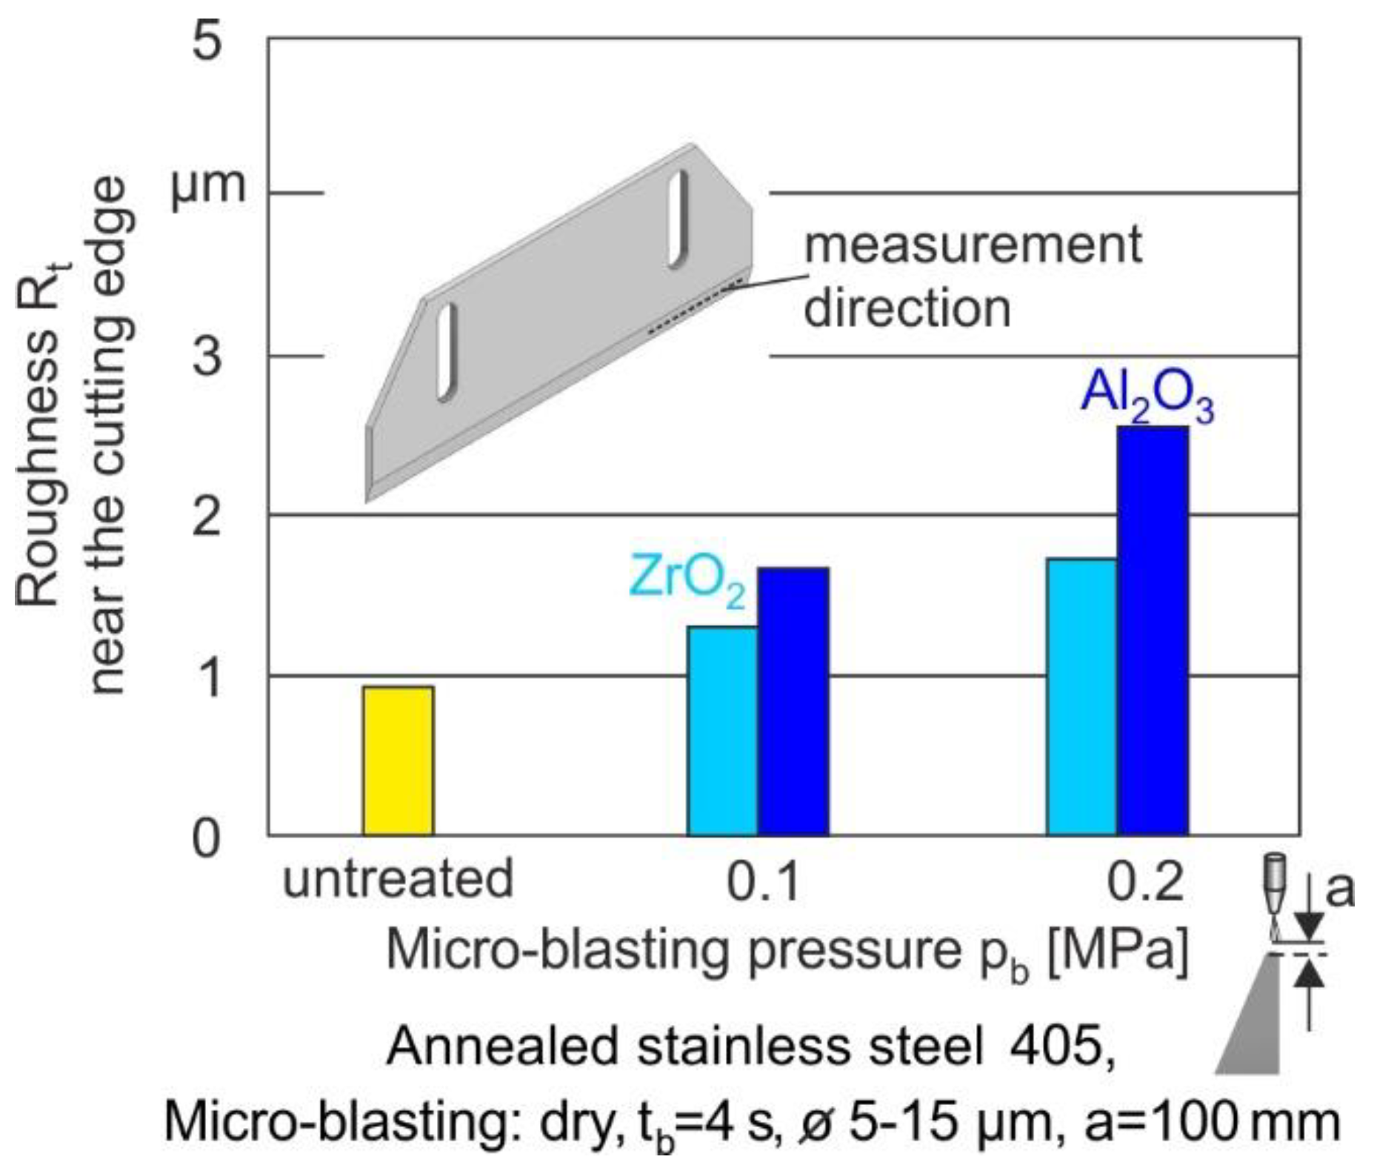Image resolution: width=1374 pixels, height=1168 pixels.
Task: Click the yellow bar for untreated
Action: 398,760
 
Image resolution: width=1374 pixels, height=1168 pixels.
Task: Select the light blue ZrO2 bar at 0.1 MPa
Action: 722,731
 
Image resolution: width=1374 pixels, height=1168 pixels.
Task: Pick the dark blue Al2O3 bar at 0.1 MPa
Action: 793,702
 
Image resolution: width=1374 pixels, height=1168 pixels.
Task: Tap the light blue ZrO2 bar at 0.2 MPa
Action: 1082,697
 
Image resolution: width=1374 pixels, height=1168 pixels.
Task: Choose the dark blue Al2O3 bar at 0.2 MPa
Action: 1153,631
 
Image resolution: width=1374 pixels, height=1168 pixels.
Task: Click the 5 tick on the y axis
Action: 207,41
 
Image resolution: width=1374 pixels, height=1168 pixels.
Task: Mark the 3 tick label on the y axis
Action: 207,356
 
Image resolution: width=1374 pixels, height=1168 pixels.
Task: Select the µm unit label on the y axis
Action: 207,185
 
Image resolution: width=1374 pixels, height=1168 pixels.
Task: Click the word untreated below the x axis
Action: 398,879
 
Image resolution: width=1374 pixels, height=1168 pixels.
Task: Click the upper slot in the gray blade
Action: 677,219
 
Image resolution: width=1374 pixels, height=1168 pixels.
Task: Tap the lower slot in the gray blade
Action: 447,353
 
